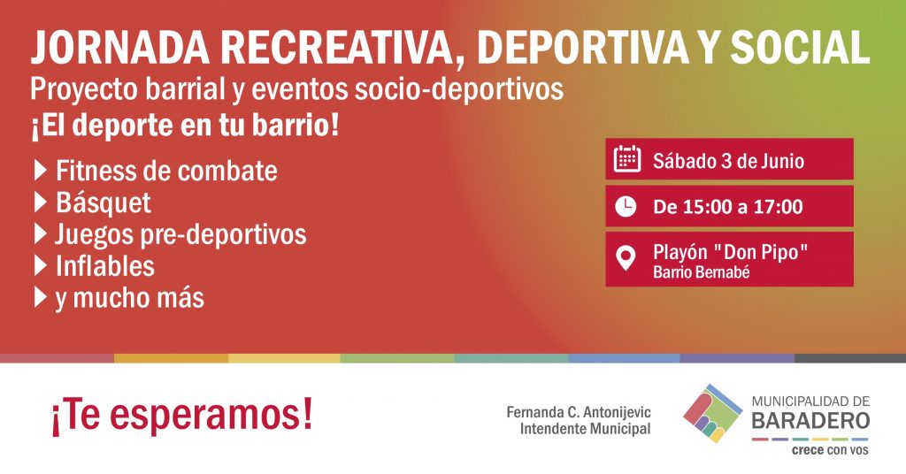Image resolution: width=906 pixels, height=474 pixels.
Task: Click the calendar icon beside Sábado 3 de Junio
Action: click(x=626, y=159)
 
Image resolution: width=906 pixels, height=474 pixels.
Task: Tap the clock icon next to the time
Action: click(x=626, y=206)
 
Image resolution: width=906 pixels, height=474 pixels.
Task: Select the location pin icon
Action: click(x=626, y=258)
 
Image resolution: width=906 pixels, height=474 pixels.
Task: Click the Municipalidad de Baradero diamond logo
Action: click(x=712, y=413)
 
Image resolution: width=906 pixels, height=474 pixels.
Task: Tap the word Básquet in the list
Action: click(x=103, y=203)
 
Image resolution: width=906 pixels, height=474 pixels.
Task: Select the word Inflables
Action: click(x=105, y=266)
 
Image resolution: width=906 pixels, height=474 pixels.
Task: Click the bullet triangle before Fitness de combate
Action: click(x=41, y=171)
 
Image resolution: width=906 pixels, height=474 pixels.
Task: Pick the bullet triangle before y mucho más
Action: click(x=41, y=298)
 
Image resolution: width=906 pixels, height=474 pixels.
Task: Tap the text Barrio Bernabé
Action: click(x=701, y=271)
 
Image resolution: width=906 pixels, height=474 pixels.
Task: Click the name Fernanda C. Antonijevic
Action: click(x=579, y=412)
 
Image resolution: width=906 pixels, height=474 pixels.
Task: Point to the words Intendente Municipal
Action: click(x=586, y=429)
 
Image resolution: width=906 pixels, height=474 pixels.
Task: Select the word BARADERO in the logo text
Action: click(x=810, y=420)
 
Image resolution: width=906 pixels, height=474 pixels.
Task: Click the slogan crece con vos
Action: click(x=830, y=450)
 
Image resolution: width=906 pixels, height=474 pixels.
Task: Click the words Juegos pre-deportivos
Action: click(x=180, y=234)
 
